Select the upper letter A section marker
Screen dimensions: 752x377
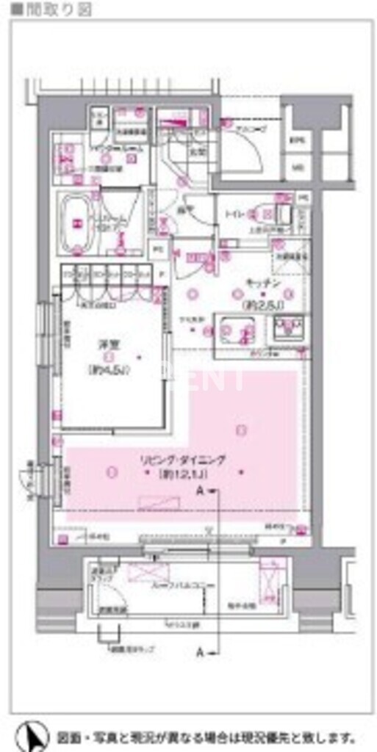tap(199, 492)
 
